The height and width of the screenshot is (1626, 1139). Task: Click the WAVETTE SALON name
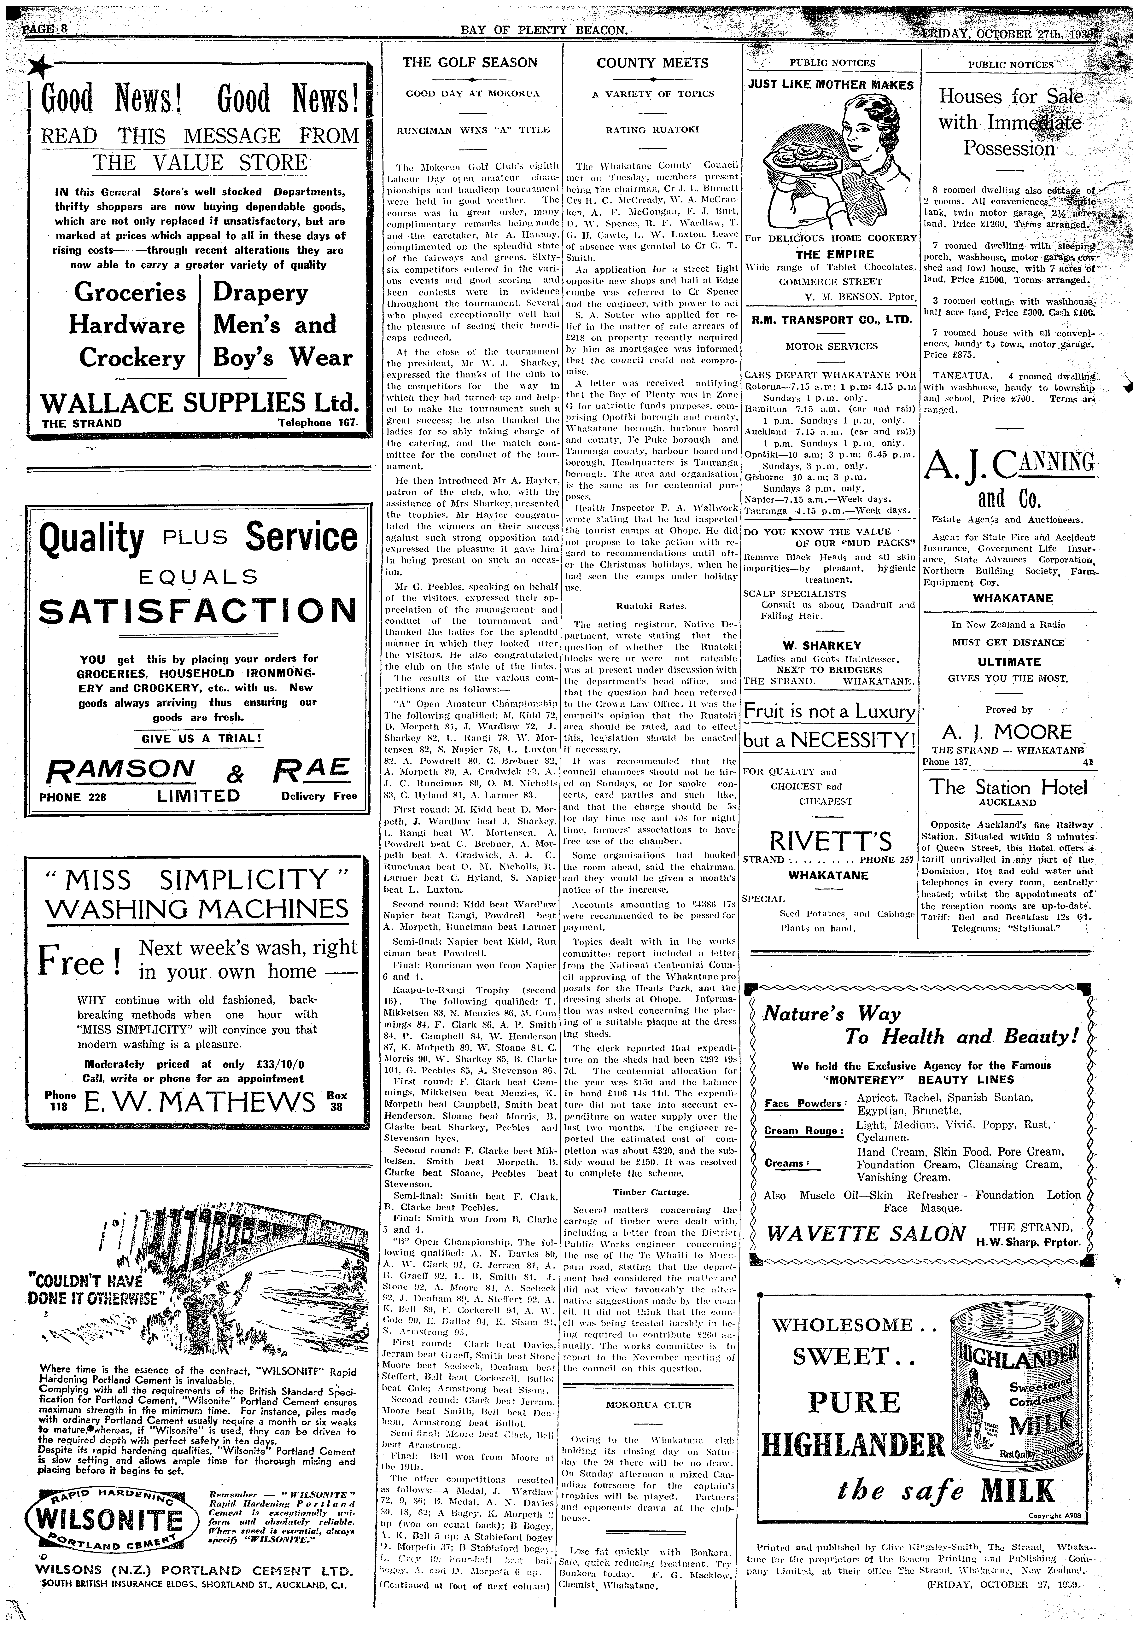point(866,1234)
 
